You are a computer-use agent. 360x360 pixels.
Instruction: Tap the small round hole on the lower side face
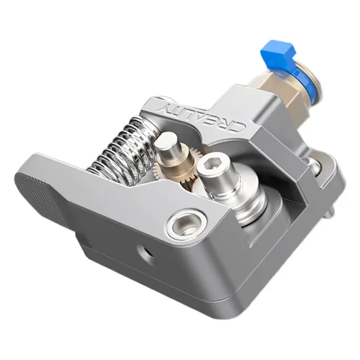pos(145,254)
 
